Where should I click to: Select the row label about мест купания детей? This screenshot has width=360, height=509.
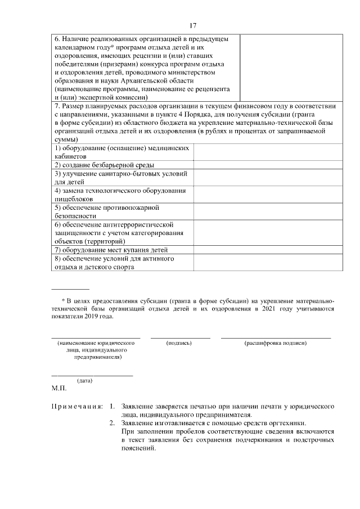click(111, 250)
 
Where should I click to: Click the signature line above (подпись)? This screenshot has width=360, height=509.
click(180, 337)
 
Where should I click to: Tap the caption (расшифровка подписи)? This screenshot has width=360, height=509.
click(275, 343)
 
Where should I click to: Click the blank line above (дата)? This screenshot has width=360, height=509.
click(92, 375)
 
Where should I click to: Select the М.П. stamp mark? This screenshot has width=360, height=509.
click(59, 388)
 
